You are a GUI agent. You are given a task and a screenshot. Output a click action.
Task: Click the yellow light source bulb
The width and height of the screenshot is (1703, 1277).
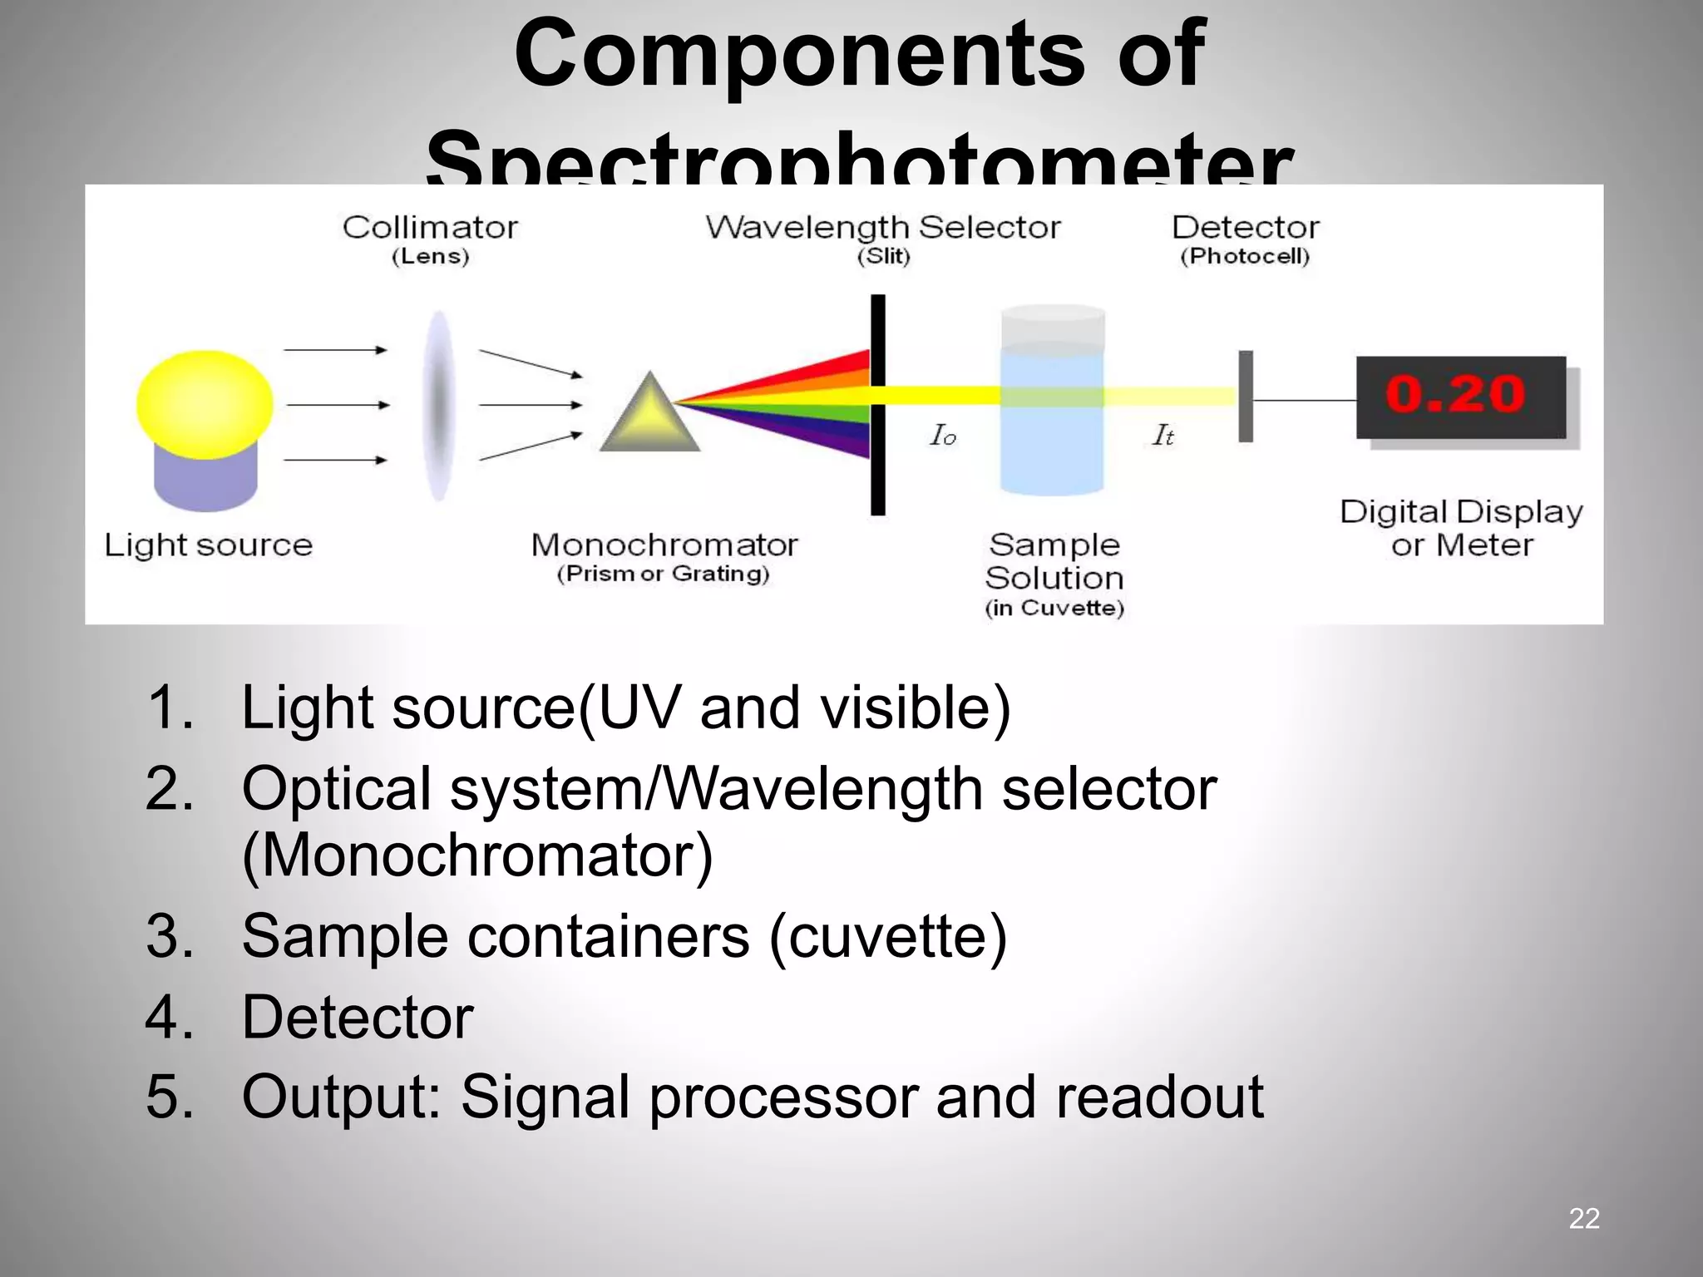[205, 404]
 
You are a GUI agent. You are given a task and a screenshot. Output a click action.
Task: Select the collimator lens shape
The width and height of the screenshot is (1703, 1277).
[438, 406]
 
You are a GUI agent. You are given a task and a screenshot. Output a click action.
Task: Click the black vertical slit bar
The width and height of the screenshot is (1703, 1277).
[878, 404]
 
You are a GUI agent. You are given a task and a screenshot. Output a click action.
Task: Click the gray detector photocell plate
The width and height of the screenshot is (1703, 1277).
[1246, 397]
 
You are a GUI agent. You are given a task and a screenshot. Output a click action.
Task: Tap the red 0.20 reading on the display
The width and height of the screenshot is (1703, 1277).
[1456, 394]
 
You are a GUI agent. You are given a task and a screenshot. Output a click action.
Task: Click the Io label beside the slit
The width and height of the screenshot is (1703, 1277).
[943, 435]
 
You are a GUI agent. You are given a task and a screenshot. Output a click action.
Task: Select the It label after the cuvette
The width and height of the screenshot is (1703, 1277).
[1162, 435]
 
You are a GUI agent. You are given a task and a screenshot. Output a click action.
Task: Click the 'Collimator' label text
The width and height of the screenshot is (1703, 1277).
[430, 227]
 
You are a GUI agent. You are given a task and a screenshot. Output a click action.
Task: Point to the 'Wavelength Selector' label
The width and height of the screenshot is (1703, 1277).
[882, 227]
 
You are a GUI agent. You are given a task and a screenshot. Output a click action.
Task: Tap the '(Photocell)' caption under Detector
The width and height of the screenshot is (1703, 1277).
[1245, 256]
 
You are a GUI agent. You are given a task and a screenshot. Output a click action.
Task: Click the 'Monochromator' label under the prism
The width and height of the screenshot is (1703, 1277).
[664, 545]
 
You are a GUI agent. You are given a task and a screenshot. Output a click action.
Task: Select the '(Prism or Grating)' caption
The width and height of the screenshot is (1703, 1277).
[664, 574]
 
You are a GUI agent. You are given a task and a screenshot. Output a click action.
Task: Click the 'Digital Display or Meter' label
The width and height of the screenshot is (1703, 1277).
[1461, 528]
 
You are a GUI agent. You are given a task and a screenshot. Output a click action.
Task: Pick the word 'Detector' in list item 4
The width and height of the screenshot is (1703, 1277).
[358, 1017]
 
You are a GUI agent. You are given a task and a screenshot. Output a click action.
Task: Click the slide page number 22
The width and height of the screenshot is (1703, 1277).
[1583, 1218]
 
